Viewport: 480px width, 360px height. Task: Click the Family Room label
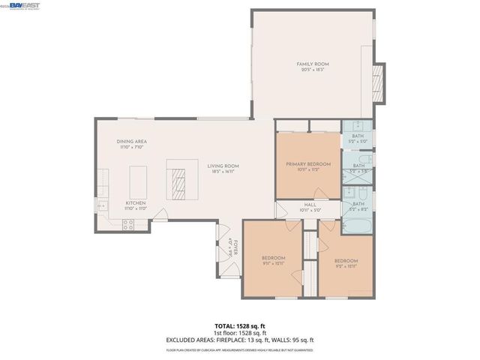pos(313,67)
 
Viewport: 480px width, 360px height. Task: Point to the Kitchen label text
pos(135,205)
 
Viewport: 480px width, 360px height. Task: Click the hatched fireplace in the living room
pos(179,181)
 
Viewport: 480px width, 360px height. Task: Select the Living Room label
pos(223,169)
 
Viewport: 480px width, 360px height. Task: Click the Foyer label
pos(233,247)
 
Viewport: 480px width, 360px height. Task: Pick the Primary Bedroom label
pos(308,166)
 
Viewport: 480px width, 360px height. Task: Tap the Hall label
pos(310,207)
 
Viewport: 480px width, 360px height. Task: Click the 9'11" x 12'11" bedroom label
pos(273,261)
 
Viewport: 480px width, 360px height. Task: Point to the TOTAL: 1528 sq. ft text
pos(240,326)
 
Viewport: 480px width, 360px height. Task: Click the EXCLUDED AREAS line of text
pos(240,340)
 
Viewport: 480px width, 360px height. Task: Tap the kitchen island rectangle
pos(138,181)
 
